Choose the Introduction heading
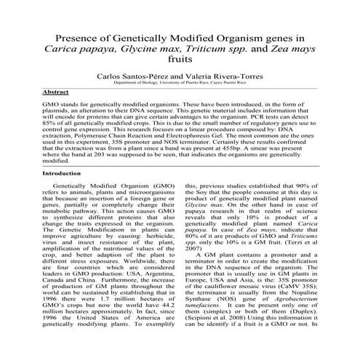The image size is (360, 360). coord(62,174)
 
